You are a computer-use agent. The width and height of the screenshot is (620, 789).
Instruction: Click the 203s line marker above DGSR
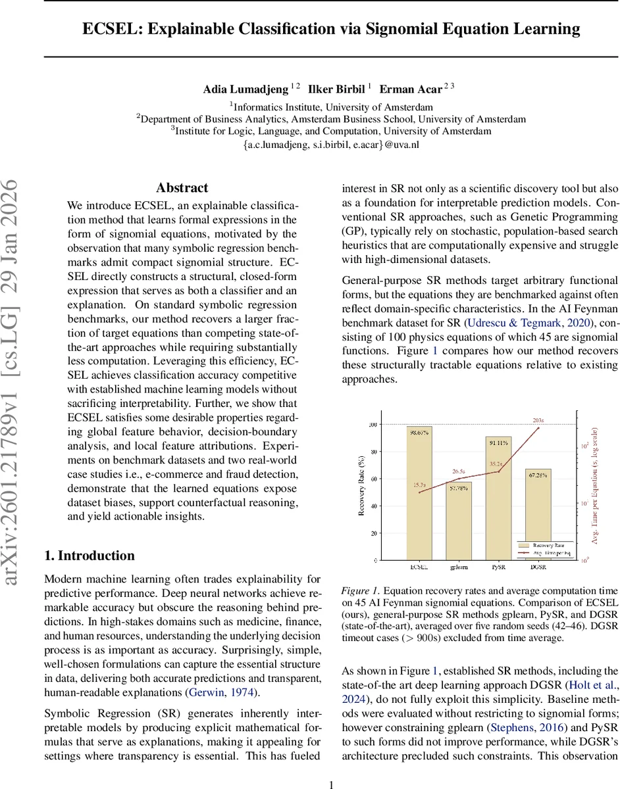pyautogui.click(x=538, y=428)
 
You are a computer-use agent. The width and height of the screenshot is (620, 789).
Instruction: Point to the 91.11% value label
pyautogui.click(x=498, y=442)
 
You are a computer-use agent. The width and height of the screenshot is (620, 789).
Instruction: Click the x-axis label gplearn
pyautogui.click(x=459, y=566)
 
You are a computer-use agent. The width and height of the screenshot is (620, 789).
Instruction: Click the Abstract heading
pyautogui.click(x=182, y=188)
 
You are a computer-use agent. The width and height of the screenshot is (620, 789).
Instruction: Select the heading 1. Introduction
pyautogui.click(x=90, y=556)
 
